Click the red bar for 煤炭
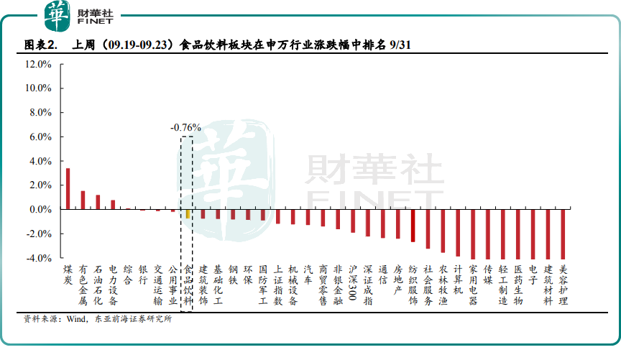[68, 188]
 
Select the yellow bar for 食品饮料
[188, 213]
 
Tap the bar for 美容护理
[563, 234]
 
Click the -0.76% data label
[185, 127]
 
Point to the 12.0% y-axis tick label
[37, 64]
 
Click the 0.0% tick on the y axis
[40, 209]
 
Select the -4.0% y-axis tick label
[38, 257]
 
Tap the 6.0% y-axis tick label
[40, 137]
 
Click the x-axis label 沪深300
[353, 282]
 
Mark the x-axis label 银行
[143, 274]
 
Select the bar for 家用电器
[473, 234]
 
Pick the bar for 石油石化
[98, 202]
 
